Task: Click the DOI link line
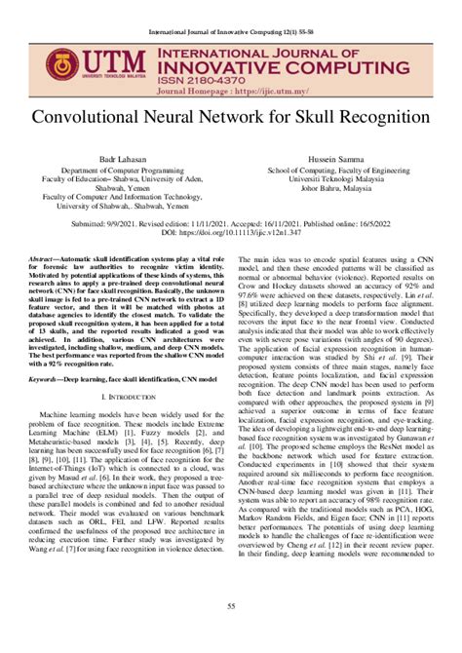231,234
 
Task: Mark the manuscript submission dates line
231,223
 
